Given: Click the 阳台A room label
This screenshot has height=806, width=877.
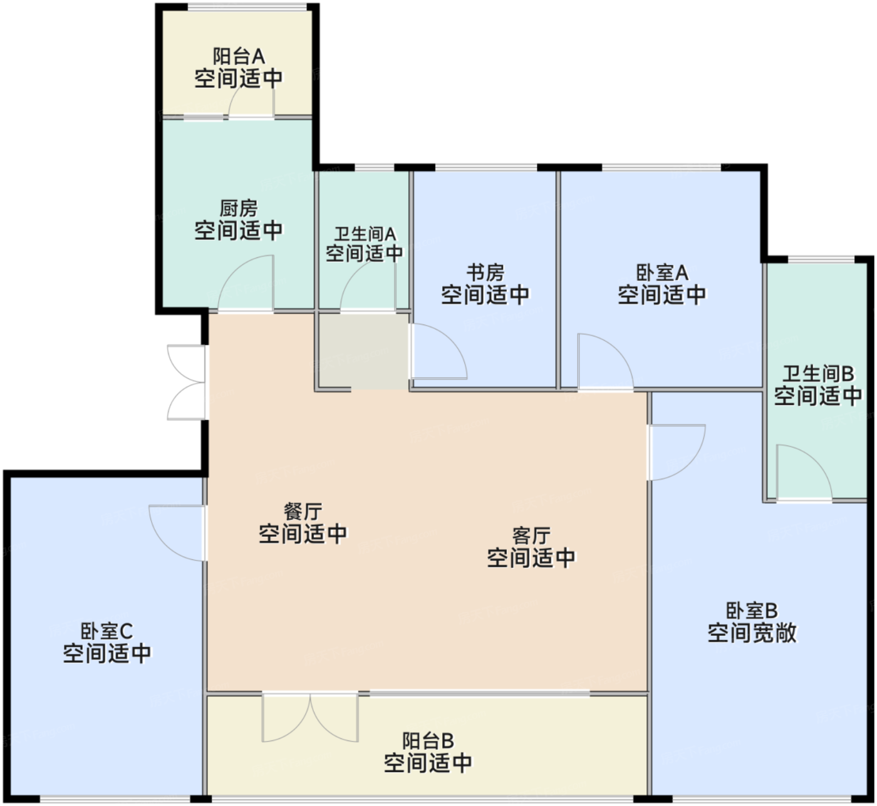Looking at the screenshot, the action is point(239,56).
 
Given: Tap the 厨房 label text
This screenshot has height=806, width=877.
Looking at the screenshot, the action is point(239,209).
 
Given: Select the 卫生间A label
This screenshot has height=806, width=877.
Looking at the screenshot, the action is point(365,234).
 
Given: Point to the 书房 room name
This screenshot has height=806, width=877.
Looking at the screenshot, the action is point(485,273).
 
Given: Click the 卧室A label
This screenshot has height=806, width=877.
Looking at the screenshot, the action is point(662,273).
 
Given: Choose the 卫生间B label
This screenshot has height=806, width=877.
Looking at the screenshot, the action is point(818,374).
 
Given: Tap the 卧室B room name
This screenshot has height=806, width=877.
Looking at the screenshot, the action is point(752,611).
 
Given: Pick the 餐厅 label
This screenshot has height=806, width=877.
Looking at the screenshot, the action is point(303,512).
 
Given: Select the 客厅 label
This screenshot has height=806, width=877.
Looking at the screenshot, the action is point(531,536).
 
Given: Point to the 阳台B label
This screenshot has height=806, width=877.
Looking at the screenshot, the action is point(428,741).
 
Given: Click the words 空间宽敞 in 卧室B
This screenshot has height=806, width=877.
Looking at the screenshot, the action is point(752,633).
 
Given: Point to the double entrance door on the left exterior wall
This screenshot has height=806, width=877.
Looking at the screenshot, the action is point(186,383).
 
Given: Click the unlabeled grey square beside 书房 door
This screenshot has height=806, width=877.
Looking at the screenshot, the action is point(363,351).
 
